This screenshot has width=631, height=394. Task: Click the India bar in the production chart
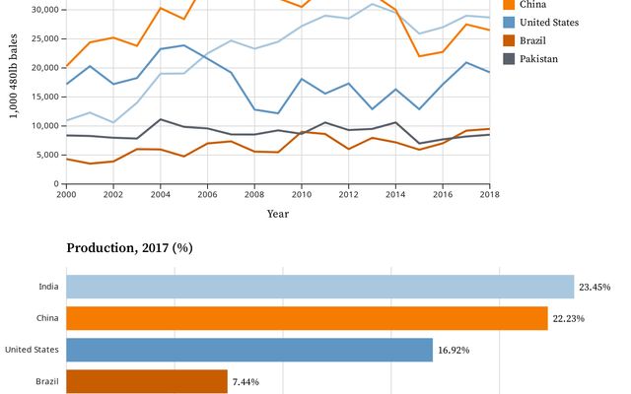pos(320,287)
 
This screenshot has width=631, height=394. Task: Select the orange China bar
pos(307,318)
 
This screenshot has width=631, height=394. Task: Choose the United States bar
pos(249,350)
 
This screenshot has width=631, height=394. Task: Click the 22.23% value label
pos(571,319)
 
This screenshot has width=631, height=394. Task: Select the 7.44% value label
pos(246,381)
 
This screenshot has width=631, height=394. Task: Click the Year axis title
pos(278,214)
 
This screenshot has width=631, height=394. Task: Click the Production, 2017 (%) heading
pos(129,247)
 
